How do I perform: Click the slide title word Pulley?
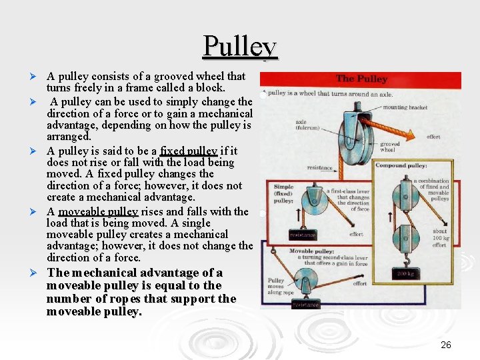tap(239, 46)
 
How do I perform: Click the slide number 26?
tap(446, 345)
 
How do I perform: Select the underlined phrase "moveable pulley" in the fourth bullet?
tap(98, 212)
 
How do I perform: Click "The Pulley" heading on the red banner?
tap(361, 79)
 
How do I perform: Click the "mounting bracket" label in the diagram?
tap(405, 107)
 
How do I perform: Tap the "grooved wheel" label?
tap(389, 147)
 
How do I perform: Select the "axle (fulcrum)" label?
tap(302, 126)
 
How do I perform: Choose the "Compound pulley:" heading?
tap(401, 165)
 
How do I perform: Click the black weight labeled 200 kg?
tap(405, 273)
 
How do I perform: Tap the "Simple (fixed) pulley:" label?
tap(283, 193)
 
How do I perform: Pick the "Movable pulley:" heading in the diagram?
tap(312, 251)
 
